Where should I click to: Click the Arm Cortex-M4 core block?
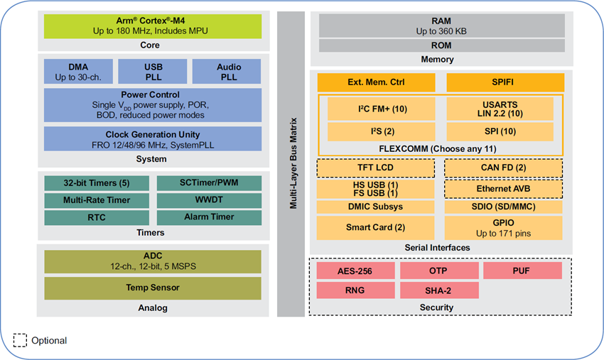(x=153, y=26)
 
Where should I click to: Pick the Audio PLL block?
(x=228, y=72)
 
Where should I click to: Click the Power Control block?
(x=152, y=104)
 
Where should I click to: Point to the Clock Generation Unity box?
(x=152, y=138)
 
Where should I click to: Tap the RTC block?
(x=97, y=217)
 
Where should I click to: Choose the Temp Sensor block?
(x=152, y=288)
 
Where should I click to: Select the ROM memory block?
(x=441, y=45)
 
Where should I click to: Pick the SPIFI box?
(x=505, y=82)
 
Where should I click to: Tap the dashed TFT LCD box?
(x=375, y=168)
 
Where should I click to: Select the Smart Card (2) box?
(x=375, y=227)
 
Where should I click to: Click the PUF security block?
(x=522, y=271)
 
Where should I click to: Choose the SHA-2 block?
(x=439, y=290)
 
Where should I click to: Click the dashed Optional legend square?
(x=20, y=340)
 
